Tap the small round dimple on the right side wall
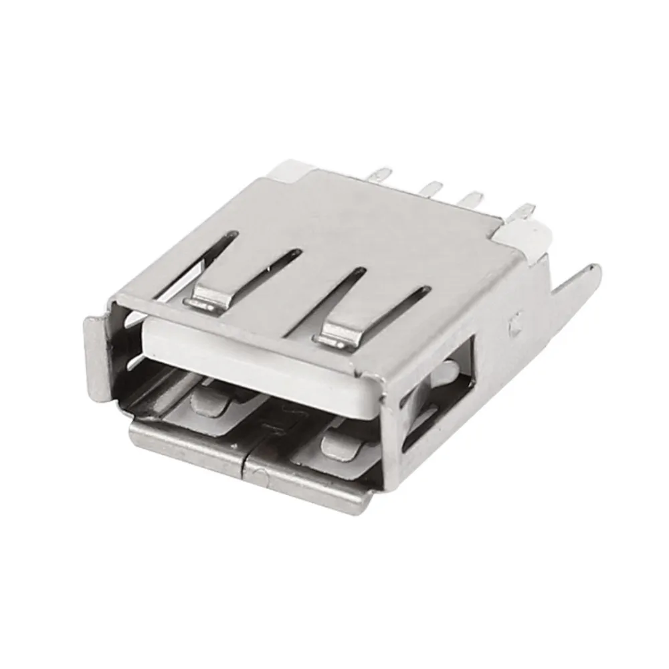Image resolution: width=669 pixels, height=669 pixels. (x=515, y=325)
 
